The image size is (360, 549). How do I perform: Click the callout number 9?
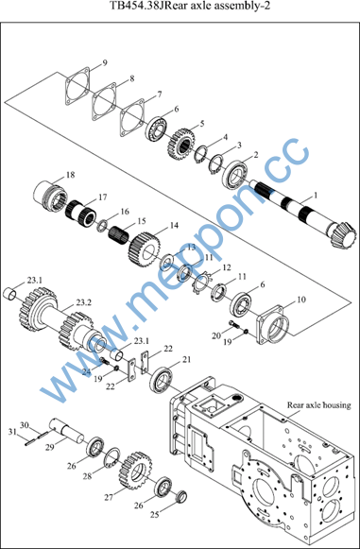(x=105, y=63)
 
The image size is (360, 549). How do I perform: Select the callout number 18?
(x=70, y=175)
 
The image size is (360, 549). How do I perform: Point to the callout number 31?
(x=13, y=431)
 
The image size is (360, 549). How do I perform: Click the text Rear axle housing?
(x=318, y=405)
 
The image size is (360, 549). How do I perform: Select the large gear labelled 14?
(x=145, y=249)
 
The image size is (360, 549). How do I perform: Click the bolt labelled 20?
(x=234, y=324)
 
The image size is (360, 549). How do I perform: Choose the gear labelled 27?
(x=135, y=471)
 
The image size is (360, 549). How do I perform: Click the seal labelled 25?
(x=181, y=497)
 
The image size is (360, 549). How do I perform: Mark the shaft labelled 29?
(x=66, y=430)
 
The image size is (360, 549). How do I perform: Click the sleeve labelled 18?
(x=51, y=197)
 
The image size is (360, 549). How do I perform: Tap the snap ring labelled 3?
(x=215, y=163)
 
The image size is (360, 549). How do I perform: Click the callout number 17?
(x=102, y=197)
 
